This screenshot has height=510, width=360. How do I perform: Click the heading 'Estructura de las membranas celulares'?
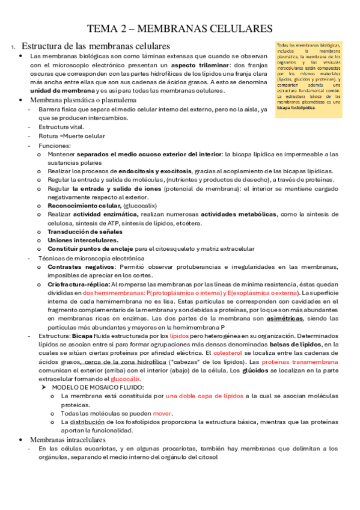96,46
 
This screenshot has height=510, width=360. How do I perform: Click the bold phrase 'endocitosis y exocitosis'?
155,171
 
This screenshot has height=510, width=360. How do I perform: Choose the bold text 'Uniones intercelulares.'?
82,240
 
